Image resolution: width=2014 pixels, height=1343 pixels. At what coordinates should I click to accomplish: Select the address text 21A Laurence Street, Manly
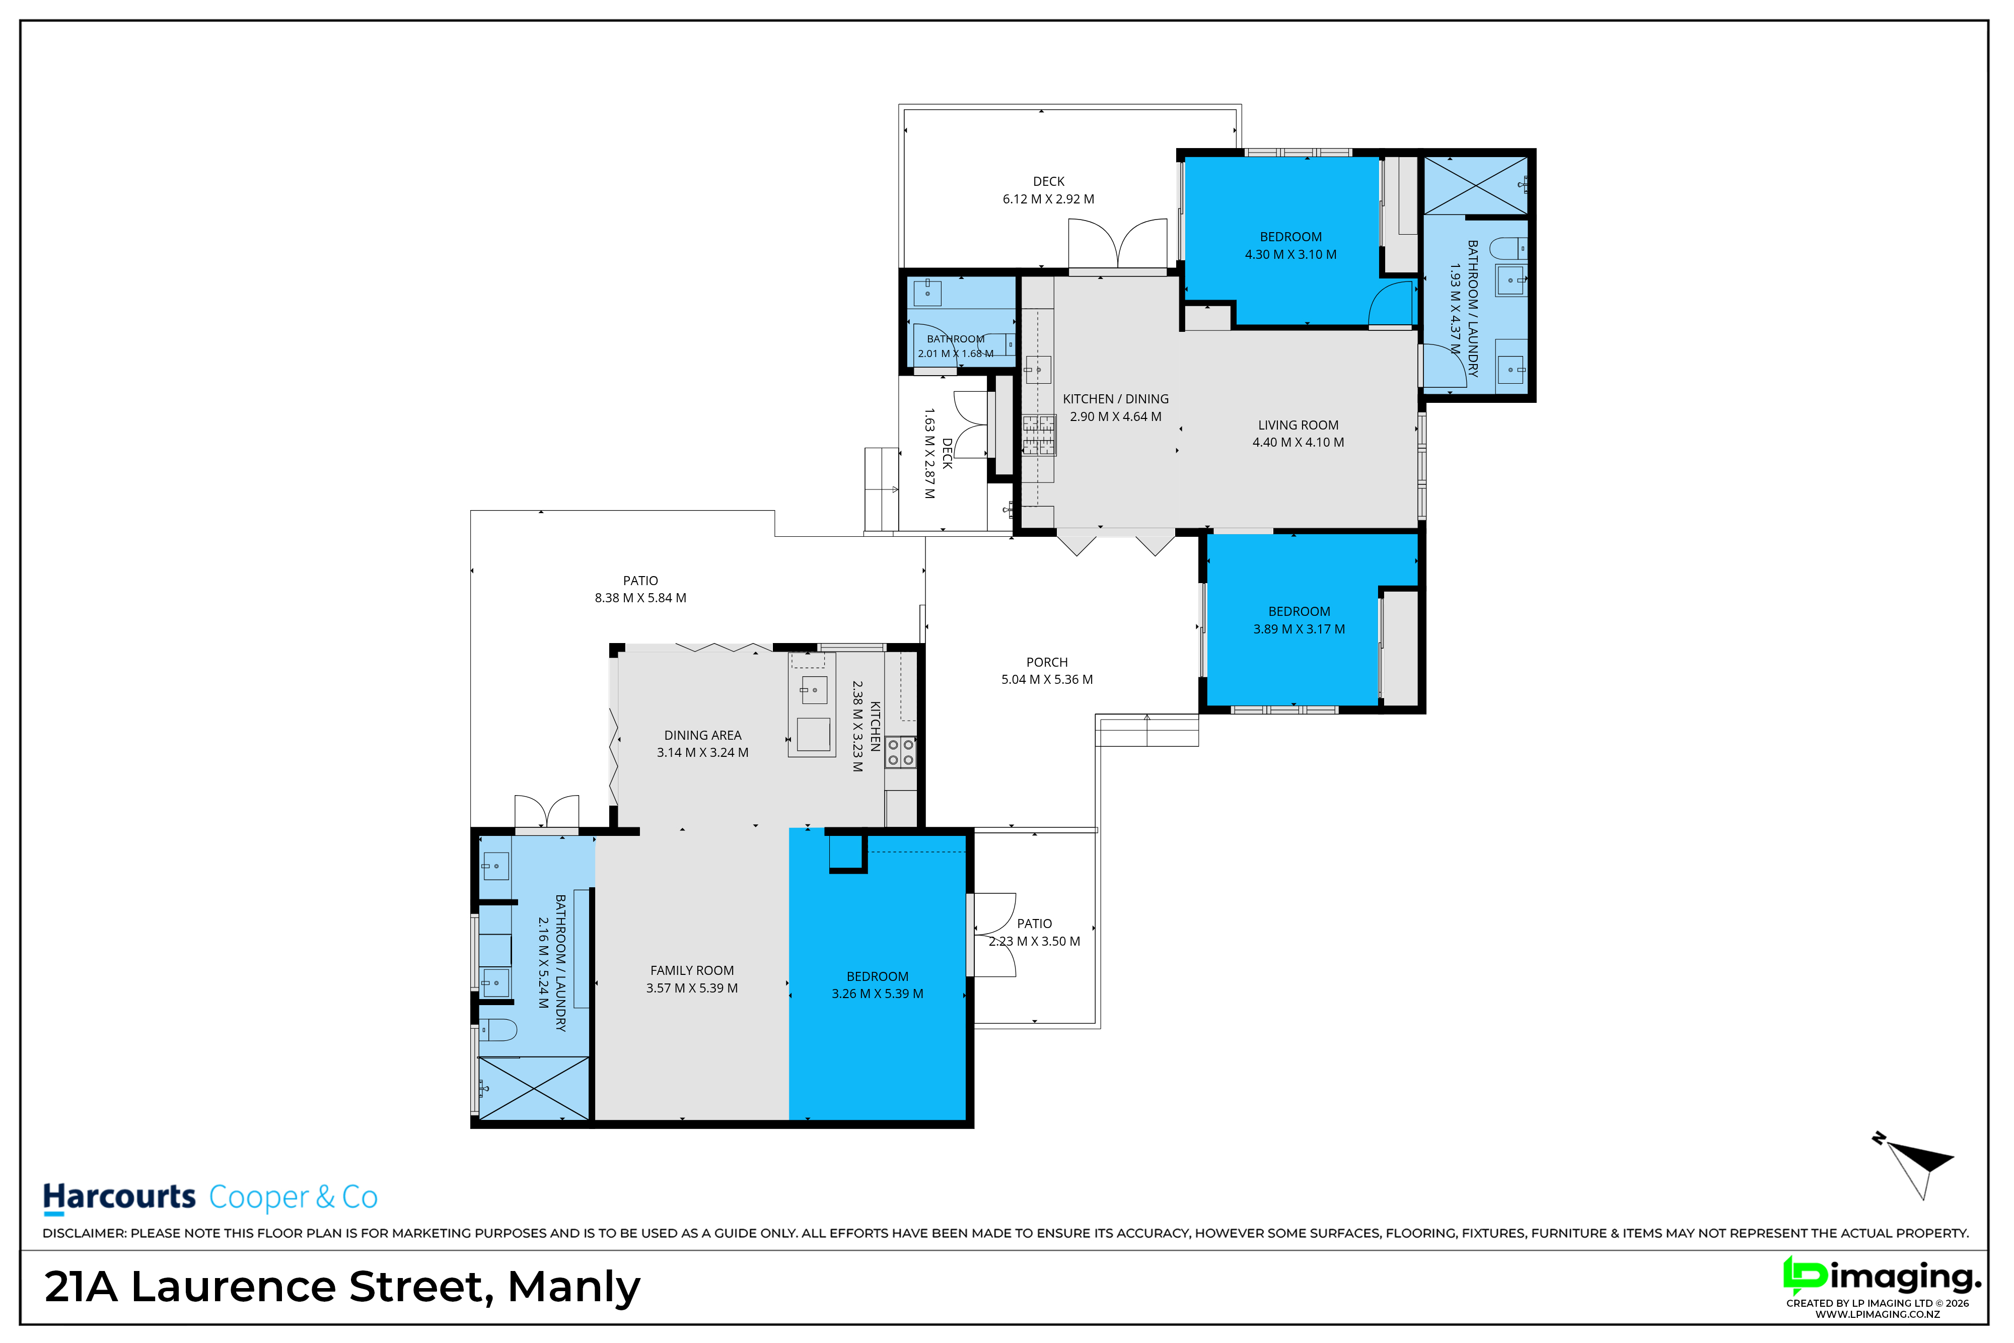click(342, 1287)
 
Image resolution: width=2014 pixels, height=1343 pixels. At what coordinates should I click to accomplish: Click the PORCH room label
click(1046, 662)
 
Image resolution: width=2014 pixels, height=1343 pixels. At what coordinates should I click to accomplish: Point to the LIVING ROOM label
click(1298, 425)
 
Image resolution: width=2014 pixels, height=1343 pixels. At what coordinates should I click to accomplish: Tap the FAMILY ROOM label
click(692, 970)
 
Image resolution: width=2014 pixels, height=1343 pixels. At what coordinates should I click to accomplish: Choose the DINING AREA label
click(702, 735)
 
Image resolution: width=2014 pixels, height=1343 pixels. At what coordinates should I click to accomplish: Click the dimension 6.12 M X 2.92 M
click(1048, 199)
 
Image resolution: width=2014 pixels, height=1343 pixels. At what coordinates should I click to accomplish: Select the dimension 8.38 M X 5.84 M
click(640, 598)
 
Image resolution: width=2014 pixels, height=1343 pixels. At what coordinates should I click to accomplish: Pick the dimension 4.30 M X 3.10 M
click(1290, 254)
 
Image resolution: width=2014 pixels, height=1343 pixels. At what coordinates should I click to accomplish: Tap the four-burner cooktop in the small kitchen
click(900, 752)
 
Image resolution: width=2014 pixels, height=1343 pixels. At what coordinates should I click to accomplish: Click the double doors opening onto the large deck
click(1117, 244)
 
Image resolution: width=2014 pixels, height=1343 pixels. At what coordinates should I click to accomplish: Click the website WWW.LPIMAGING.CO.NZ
click(1878, 1314)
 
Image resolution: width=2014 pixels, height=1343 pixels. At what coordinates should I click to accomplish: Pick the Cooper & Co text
click(293, 1196)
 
